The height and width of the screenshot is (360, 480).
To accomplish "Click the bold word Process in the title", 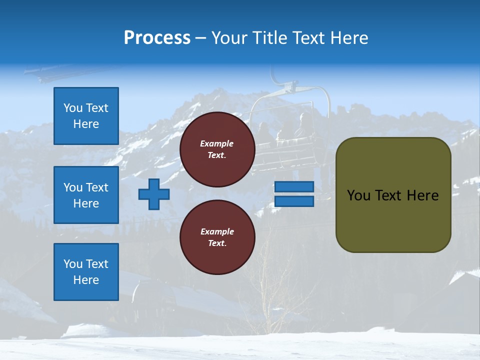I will coord(157,37).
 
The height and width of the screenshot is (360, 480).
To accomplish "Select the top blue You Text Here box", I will coord(86,116).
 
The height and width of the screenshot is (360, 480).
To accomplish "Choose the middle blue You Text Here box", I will coord(86,195).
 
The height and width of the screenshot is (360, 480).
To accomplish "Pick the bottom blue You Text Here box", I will coord(86,272).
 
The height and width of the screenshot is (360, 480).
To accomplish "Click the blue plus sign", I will coord(154,194).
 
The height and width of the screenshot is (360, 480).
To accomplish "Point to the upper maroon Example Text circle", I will coord(217,149).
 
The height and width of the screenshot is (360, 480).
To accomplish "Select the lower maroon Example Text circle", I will coord(217,237).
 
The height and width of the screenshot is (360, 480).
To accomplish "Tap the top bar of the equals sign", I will coord(294,186).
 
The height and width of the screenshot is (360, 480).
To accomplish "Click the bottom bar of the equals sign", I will coord(294,201).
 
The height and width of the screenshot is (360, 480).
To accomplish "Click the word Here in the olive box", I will coord(422,195).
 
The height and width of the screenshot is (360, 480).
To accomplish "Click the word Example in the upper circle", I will coord(217,143).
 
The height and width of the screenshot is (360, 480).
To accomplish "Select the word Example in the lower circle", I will coord(217,231).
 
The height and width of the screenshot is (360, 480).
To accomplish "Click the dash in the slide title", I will coord(201,38).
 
